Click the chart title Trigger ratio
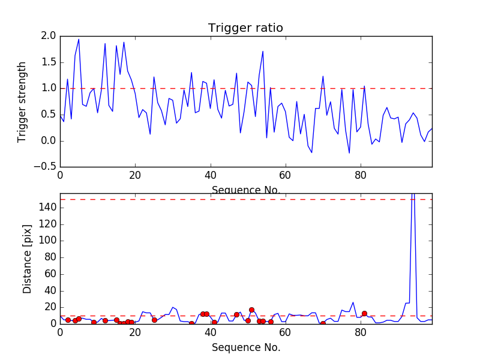click(245, 28)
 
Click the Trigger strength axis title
click(22, 101)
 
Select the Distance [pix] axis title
click(27, 259)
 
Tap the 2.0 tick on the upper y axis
click(49, 36)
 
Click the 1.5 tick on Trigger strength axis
click(49, 62)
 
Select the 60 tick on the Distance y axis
click(49, 274)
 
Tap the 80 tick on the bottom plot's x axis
click(361, 333)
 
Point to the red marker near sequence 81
click(364, 313)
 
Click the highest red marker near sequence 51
click(251, 310)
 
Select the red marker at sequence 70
click(323, 323)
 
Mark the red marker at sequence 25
click(154, 320)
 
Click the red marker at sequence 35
click(191, 323)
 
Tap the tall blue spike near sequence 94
click(413, 198)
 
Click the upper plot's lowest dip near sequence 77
click(349, 152)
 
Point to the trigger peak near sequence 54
click(263, 52)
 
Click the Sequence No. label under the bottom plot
click(245, 347)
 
